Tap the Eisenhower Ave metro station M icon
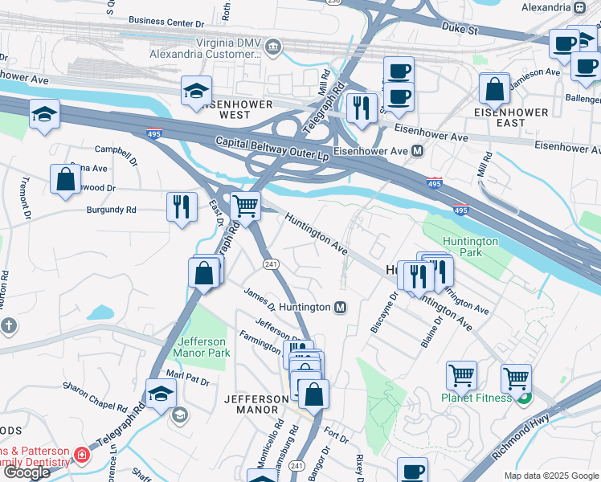[418, 150]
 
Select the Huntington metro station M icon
[341, 307]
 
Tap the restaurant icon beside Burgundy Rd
[182, 206]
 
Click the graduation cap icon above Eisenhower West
[195, 92]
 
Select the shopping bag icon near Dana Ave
[65, 181]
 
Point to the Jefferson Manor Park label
[202, 347]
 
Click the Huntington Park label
[469, 247]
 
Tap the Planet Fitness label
[476, 398]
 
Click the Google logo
[27, 472]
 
